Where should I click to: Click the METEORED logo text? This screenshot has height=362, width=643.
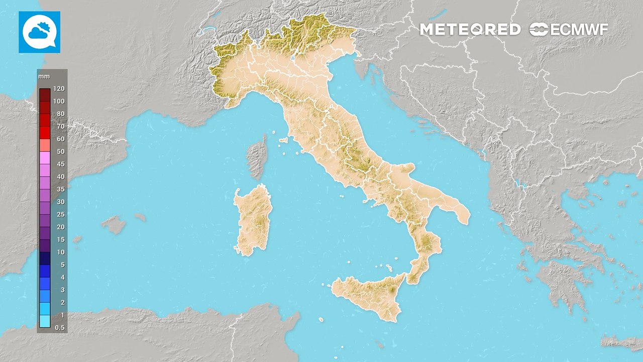pos(470,30)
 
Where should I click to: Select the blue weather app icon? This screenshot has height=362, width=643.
pos(39,32)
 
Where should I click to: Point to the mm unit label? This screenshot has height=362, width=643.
pos(43,76)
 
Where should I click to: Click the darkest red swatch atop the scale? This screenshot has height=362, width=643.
pos(45,95)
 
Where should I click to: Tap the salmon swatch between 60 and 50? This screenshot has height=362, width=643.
pos(45,145)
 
